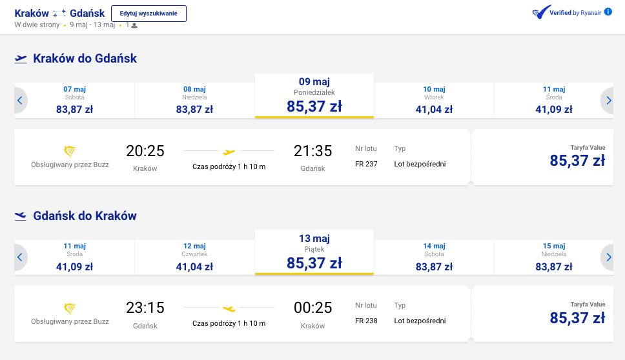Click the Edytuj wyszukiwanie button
pyautogui.click(x=149, y=14)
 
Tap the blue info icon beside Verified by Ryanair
pyautogui.click(x=608, y=12)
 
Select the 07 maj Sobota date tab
pyautogui.click(x=74, y=101)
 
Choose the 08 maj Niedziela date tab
pyautogui.click(x=194, y=101)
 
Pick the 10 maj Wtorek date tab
pyautogui.click(x=434, y=101)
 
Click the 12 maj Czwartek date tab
pyautogui.click(x=194, y=257)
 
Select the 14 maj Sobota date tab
pyautogui.click(x=434, y=257)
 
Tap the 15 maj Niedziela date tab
pyautogui.click(x=553, y=257)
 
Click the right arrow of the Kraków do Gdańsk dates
pyautogui.click(x=608, y=101)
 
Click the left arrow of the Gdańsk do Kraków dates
pyautogui.click(x=20, y=257)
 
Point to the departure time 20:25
pyautogui.click(x=145, y=151)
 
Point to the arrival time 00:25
pyautogui.click(x=313, y=308)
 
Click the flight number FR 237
pyautogui.click(x=366, y=164)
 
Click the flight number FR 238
pyautogui.click(x=366, y=321)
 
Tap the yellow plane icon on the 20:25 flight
pyautogui.click(x=229, y=152)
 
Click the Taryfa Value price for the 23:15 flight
pyautogui.click(x=578, y=318)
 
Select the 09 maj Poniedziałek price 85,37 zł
pyautogui.click(x=314, y=106)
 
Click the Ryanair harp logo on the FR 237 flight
pyautogui.click(x=70, y=152)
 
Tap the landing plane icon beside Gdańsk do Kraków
pyautogui.click(x=20, y=216)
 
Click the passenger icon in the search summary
pyautogui.click(x=134, y=26)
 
